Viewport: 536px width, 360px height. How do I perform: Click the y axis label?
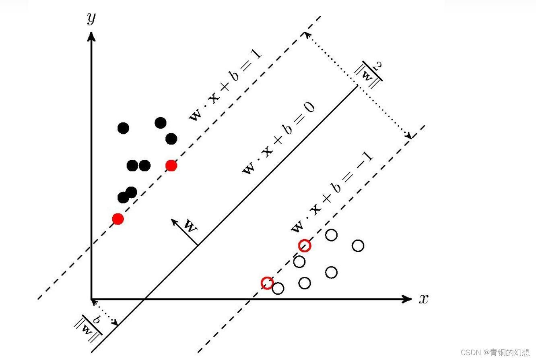click(x=92, y=18)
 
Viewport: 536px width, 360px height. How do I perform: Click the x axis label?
click(x=423, y=299)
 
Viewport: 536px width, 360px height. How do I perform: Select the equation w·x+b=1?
click(x=226, y=86)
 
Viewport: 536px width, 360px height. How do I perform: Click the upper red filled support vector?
click(x=171, y=166)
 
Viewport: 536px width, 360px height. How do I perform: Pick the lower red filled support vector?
click(x=118, y=219)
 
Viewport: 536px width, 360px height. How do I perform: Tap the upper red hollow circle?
click(x=305, y=245)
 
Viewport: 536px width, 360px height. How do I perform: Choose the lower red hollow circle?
click(x=267, y=283)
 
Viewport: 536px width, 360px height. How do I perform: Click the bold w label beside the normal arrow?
click(x=191, y=226)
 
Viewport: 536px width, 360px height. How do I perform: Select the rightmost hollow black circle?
click(x=358, y=245)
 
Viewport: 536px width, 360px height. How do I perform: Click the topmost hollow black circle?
click(x=331, y=235)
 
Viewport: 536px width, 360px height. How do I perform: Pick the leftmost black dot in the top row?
click(x=123, y=128)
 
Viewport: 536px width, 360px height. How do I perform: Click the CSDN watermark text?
click(x=495, y=352)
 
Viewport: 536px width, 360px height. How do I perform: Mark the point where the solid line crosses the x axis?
click(x=144, y=299)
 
